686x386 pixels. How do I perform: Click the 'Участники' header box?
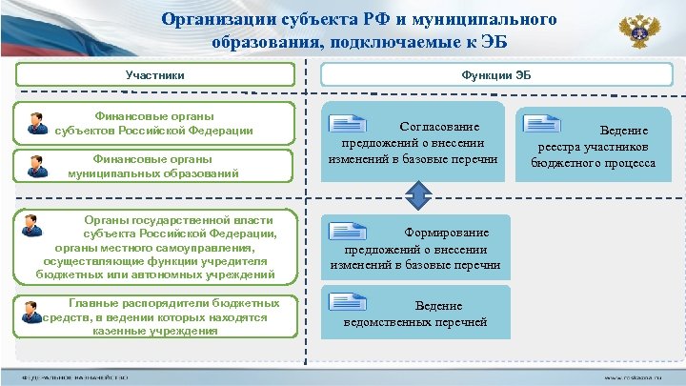[155, 74]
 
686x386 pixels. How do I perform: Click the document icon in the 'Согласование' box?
[349, 121]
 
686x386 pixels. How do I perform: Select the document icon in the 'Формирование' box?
[349, 229]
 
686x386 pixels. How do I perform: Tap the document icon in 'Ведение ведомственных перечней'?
[349, 301]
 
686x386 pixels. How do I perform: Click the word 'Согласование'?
[439, 126]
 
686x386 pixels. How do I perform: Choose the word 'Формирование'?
[447, 233]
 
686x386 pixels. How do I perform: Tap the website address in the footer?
[631, 377]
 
